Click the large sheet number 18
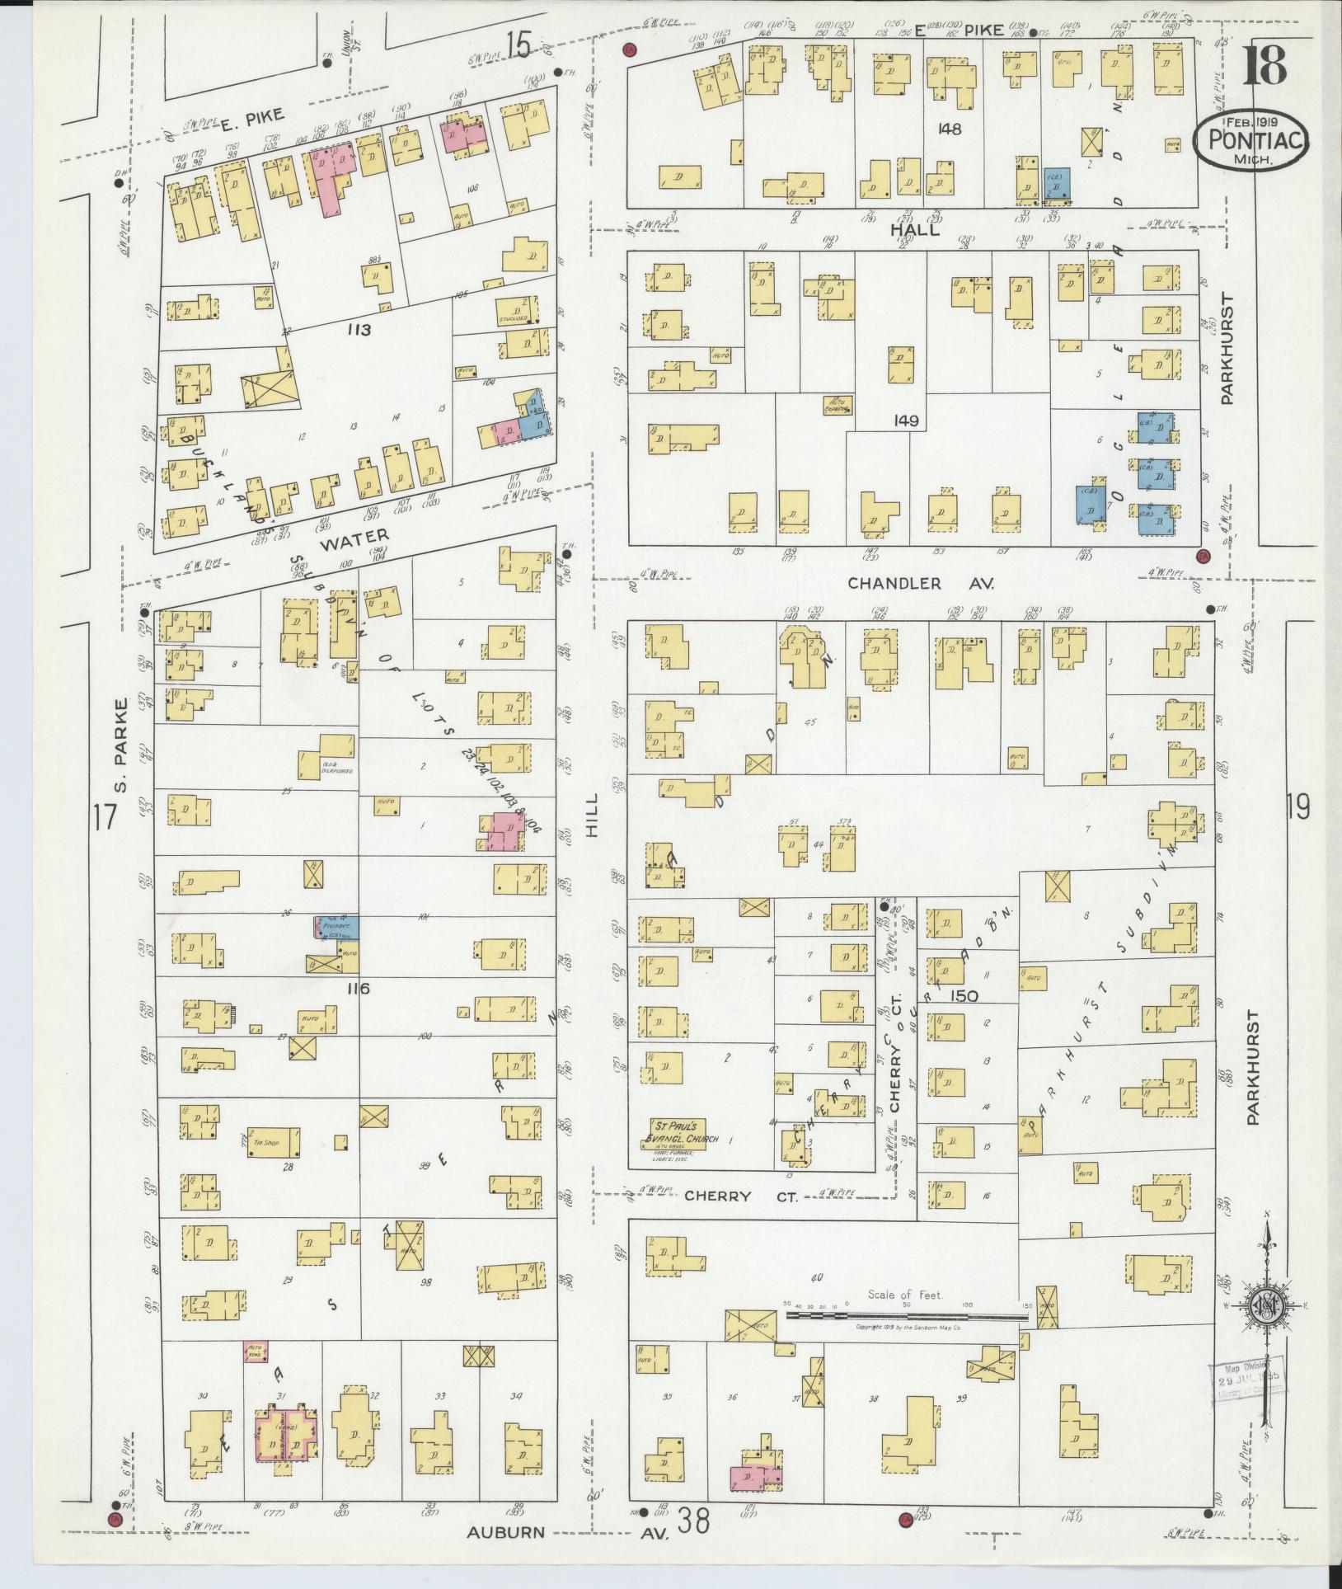[1264, 66]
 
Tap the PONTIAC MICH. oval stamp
[1251, 140]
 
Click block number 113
[359, 331]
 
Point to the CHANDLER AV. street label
[922, 584]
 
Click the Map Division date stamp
[1246, 1379]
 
